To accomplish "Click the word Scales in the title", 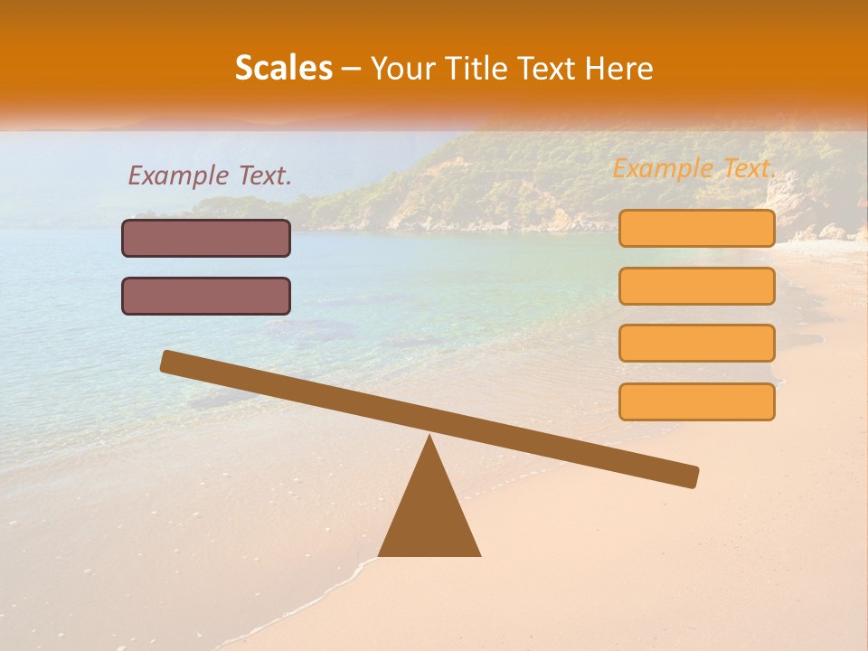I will [283, 68].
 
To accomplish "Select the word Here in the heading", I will [618, 68].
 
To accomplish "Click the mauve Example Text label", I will [210, 175].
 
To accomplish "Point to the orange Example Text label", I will [694, 168].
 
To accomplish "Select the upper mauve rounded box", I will [206, 238].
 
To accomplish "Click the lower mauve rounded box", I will [206, 296].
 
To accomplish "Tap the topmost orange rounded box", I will [696, 228].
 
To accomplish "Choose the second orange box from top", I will [696, 286].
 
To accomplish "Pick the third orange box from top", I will [696, 343].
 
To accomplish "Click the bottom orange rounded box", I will [696, 401].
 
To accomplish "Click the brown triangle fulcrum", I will [429, 515].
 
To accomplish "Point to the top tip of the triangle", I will [429, 438].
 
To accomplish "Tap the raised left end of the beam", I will [168, 361].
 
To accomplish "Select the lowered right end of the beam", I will [691, 476].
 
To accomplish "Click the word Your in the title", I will [403, 68].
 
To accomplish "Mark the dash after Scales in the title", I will [352, 69].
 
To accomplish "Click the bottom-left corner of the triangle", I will [380, 554].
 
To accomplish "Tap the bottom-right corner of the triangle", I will [479, 554].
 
